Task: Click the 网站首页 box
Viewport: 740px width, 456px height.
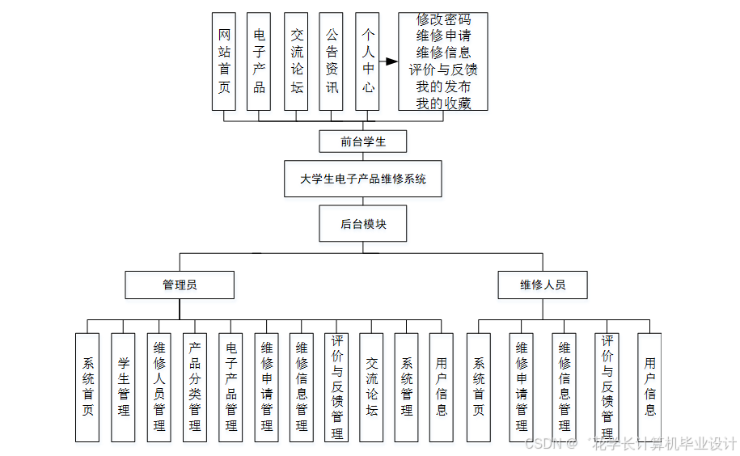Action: pos(224,61)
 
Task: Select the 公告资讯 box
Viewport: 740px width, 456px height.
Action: pos(332,61)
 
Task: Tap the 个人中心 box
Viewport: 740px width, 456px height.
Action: pos(367,61)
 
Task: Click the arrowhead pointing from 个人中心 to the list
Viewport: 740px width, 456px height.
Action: pos(391,61)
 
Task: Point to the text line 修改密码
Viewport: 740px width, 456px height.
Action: pos(443,19)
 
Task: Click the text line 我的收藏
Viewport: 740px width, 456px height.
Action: pos(443,103)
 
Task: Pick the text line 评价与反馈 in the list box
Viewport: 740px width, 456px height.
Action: pos(443,70)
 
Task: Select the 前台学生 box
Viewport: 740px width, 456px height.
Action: pos(363,141)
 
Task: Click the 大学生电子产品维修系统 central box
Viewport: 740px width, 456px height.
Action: pos(363,179)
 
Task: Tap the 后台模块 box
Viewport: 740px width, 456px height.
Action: pos(363,224)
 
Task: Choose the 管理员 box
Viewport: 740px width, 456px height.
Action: pos(180,285)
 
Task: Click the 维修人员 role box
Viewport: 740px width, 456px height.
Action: pos(543,285)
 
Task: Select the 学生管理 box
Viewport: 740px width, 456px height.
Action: pos(123,387)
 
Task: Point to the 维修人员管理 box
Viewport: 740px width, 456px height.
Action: pos(159,387)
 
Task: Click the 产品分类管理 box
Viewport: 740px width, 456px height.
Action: pos(195,387)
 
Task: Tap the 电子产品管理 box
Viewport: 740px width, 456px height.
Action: pos(230,387)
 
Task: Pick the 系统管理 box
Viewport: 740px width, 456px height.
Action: pos(407,387)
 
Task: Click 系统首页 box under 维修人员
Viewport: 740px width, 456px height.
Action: pos(479,387)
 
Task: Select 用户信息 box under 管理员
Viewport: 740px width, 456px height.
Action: pos(442,387)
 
